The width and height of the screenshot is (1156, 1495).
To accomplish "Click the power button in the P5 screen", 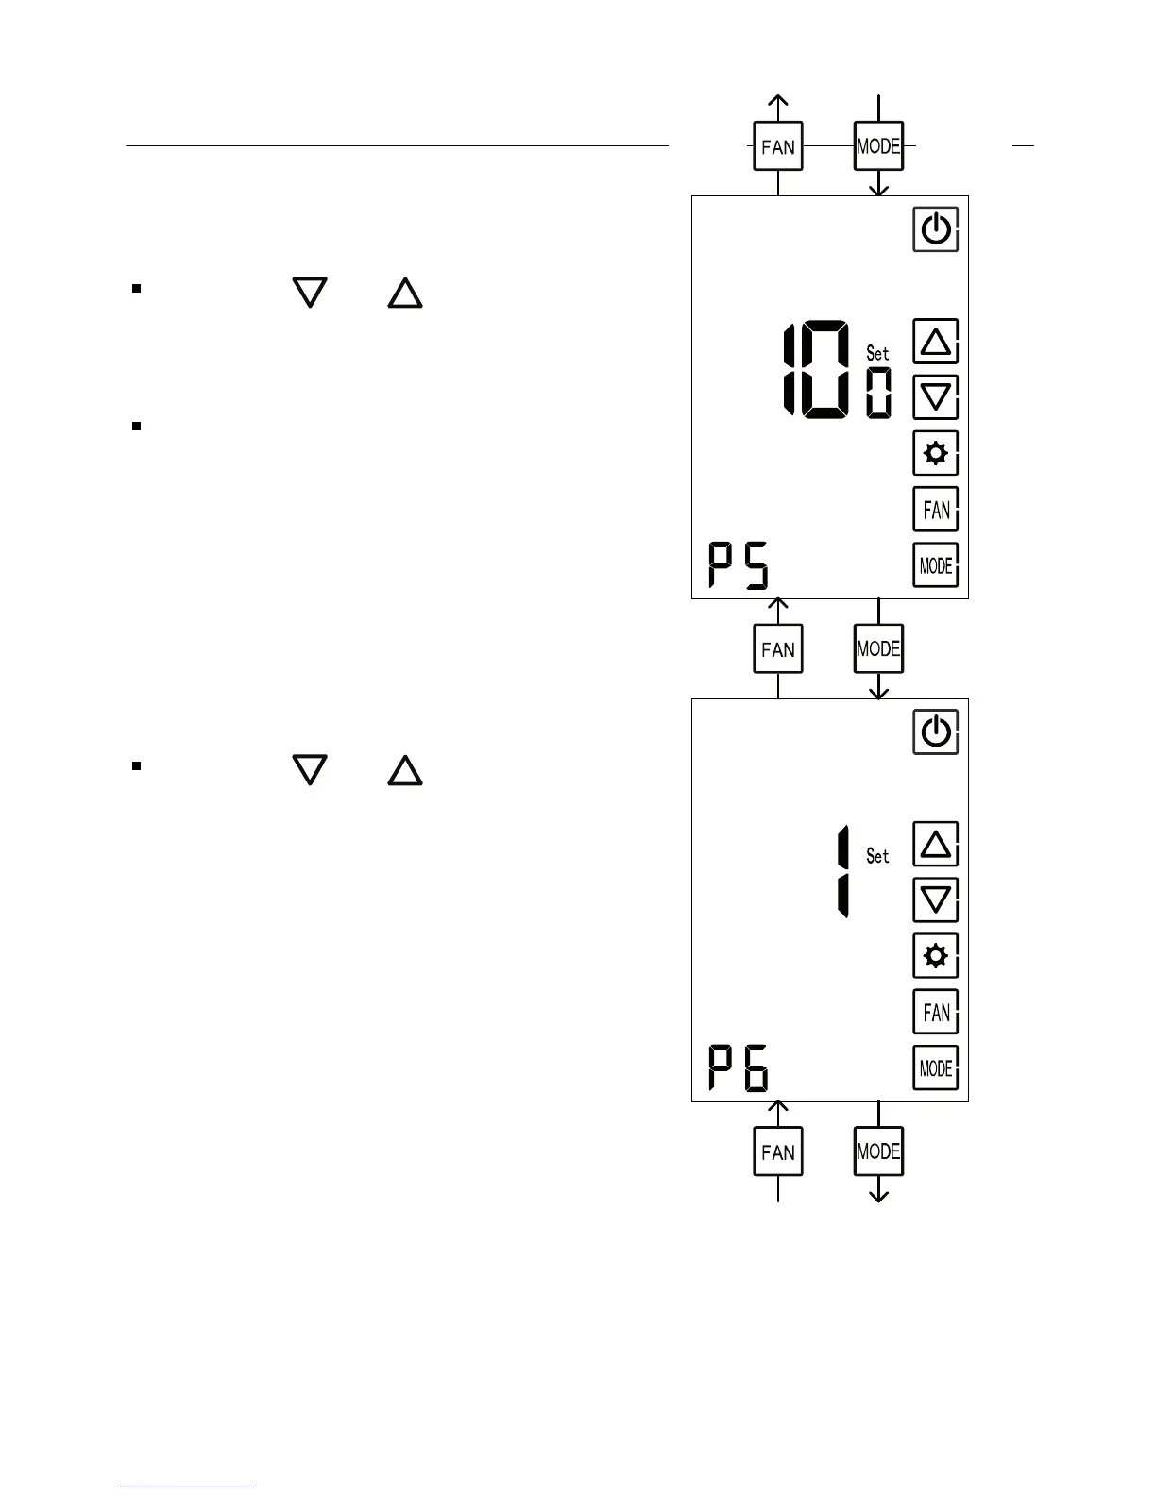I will coord(935,229).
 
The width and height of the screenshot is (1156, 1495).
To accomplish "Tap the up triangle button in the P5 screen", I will coord(935,342).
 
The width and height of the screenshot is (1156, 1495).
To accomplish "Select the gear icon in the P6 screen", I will coord(935,956).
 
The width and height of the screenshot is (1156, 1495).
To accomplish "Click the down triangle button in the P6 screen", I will coord(935,899).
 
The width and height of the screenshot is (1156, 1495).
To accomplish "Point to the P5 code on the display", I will coord(739,565).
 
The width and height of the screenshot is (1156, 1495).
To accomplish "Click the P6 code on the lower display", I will coord(739,1068).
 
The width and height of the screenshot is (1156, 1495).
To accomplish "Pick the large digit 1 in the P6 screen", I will coord(842,871).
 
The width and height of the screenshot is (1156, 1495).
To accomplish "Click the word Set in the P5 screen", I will coord(877,353).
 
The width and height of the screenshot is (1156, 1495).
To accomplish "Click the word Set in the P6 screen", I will coord(877,856).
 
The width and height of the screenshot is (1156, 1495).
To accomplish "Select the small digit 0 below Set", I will coord(878,393).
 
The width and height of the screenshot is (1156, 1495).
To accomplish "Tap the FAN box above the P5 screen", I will coord(777,146).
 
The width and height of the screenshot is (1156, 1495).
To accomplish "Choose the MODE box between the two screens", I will coord(878,648).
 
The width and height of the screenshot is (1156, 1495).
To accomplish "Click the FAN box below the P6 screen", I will coord(777,1151).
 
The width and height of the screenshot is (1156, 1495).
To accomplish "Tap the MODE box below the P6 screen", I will coord(878,1151).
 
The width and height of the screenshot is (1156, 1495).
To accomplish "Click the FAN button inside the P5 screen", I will coord(935,511).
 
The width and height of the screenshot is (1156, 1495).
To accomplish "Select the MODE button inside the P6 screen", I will coord(935,1068).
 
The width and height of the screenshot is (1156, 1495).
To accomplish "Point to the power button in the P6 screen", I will coord(935,732).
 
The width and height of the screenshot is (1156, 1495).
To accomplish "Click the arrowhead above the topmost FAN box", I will coord(777,101).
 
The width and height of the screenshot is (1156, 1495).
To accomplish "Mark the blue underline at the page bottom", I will coord(187,1487).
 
